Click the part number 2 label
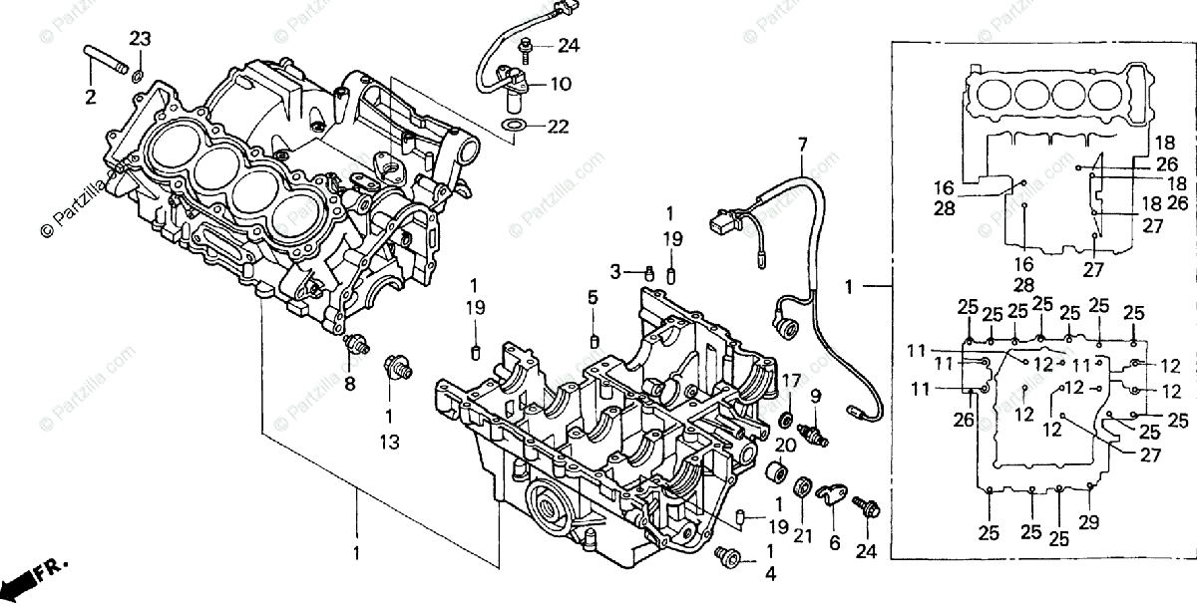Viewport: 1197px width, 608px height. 90,98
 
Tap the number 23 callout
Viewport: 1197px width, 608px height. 141,40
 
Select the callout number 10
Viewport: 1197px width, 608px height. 560,85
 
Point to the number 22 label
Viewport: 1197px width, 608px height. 558,127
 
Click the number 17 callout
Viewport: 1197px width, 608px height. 790,380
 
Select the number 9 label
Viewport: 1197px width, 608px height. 815,396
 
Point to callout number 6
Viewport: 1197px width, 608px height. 835,544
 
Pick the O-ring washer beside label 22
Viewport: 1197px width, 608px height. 513,126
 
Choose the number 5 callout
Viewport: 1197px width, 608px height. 592,298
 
